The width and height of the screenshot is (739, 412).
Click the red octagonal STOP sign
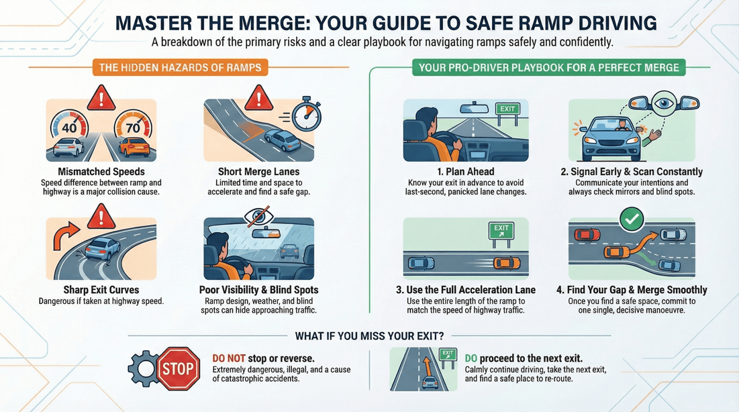coord(179,368)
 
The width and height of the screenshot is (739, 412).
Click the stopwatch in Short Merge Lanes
coord(306,116)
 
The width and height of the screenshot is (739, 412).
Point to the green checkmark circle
coord(632,218)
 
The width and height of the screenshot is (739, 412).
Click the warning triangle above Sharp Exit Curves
coord(101,217)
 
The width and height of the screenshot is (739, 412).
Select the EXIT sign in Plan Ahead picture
coord(507,109)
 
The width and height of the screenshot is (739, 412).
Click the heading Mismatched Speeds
coord(101,172)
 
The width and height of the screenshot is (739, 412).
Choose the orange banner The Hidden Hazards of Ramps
coord(179,67)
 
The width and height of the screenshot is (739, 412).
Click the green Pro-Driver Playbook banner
coord(548,67)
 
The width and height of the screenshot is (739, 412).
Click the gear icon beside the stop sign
coord(144,368)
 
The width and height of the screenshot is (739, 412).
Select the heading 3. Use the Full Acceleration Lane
coord(465,291)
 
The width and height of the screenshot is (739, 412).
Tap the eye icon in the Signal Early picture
coord(664,104)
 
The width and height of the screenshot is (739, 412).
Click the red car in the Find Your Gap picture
coord(587,235)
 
